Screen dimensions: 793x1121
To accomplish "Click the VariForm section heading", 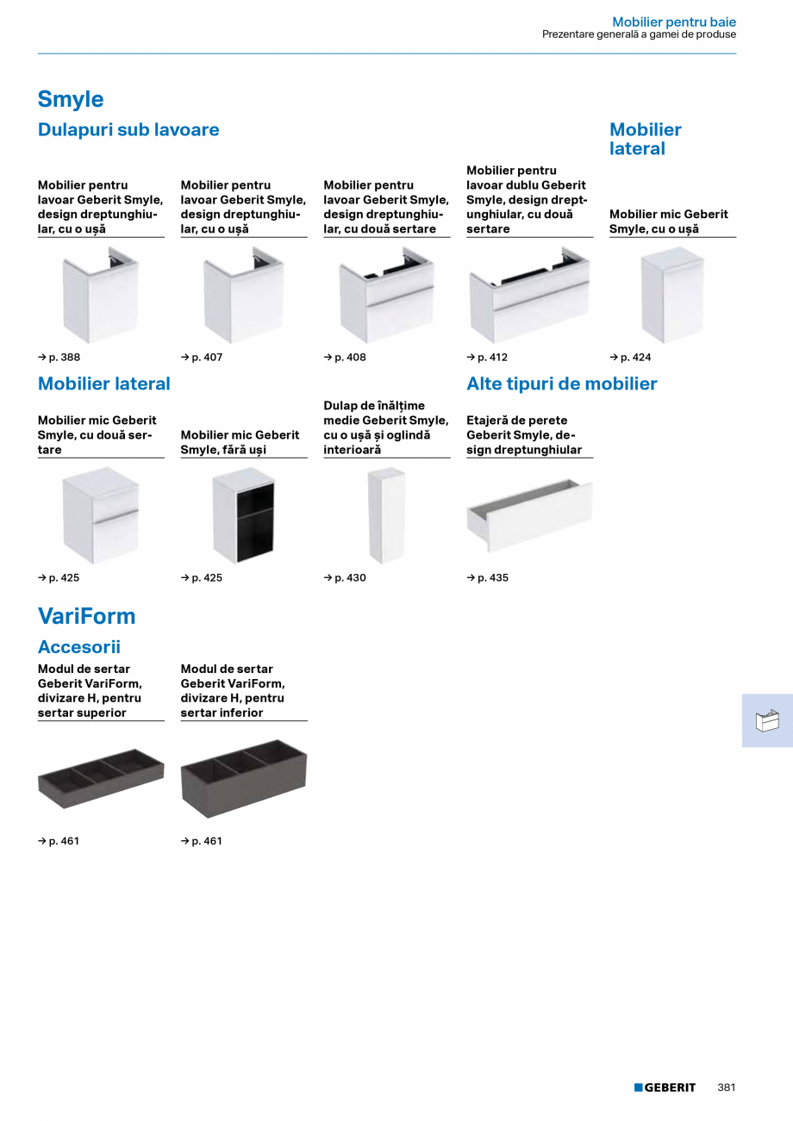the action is pos(86,616).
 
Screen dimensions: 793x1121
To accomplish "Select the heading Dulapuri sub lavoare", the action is pos(128,129).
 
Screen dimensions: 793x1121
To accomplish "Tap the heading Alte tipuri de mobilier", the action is pos(562,383).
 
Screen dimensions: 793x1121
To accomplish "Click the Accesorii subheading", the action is pos(79,647).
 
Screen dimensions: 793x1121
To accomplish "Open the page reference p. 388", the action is pos(59,358).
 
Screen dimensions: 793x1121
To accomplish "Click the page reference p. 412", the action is pos(487,358).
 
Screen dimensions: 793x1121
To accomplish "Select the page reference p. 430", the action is pos(345,578).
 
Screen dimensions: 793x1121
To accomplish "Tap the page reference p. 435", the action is pos(488,578).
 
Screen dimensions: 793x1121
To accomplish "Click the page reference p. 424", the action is pos(630,358).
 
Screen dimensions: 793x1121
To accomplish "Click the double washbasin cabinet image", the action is pos(529,295).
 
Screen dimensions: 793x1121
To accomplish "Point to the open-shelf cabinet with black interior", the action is pos(244,515).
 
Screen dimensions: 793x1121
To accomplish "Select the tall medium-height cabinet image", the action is pos(386,515).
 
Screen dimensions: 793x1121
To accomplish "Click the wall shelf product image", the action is pos(529,515).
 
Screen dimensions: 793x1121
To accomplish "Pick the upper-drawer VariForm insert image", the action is pos(101,779).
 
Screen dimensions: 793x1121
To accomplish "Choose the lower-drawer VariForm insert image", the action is pos(244,779).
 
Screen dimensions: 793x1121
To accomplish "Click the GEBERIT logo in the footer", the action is pos(665,1087).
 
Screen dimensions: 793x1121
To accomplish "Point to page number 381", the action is pos(727,1087).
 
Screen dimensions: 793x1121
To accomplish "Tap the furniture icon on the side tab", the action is pos(767,720).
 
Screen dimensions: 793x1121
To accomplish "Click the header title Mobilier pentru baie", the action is pos(674,22).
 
